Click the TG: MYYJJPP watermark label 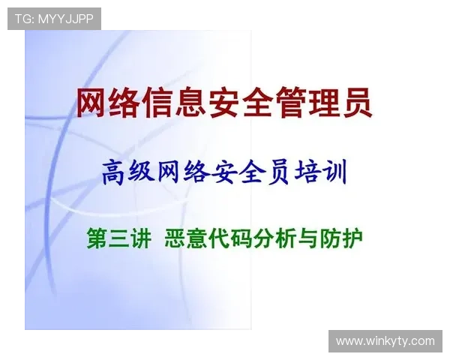point(54,18)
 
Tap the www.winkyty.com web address point(384,341)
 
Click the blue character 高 point(114,174)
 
